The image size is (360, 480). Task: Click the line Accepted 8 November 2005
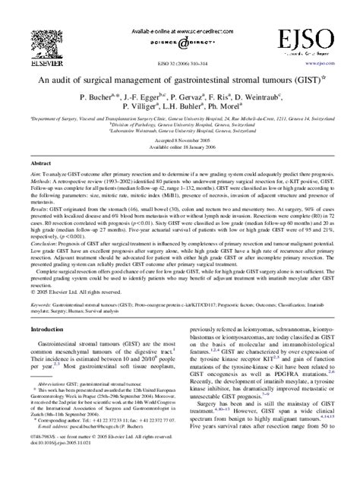[x=180, y=144]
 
